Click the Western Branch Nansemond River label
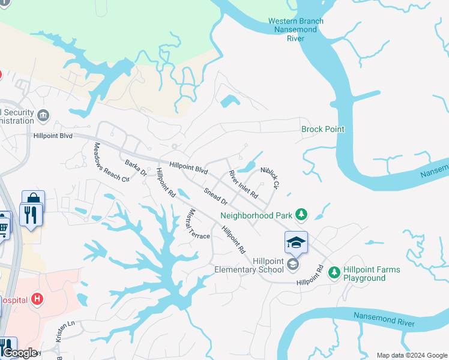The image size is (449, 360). click(x=295, y=30)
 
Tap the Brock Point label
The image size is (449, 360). click(x=323, y=130)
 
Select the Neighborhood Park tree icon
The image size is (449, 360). click(x=301, y=215)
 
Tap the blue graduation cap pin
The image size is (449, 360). click(x=296, y=242)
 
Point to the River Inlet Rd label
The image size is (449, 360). click(x=243, y=185)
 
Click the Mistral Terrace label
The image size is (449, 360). click(x=199, y=224)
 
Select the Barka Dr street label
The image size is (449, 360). click(x=135, y=167)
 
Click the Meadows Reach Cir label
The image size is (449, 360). click(x=111, y=162)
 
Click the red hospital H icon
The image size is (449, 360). click(x=37, y=298)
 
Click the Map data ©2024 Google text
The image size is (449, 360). click(x=411, y=355)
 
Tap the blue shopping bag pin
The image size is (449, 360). click(x=33, y=200)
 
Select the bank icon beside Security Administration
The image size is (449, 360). click(x=43, y=115)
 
